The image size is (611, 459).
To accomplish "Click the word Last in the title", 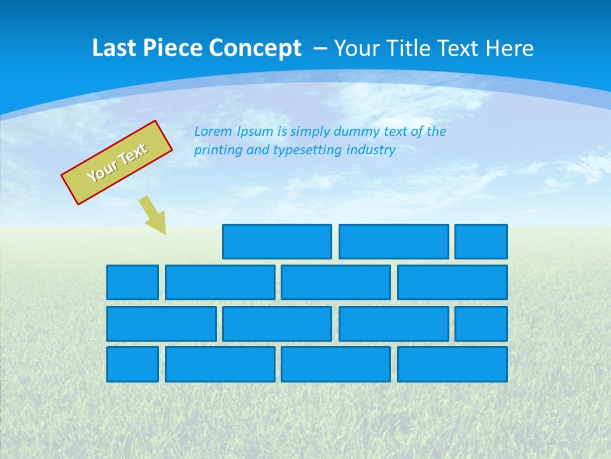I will click(x=115, y=48).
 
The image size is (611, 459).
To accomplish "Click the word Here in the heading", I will click(x=509, y=48).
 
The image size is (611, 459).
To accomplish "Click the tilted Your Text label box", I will click(x=117, y=163).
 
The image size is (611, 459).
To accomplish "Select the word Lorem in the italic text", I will click(x=213, y=131).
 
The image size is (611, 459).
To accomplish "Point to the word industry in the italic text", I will click(x=371, y=150).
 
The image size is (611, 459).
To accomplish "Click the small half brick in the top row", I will click(x=481, y=242).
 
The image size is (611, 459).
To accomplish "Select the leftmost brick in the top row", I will click(x=277, y=242).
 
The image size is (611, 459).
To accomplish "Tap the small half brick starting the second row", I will click(x=132, y=282).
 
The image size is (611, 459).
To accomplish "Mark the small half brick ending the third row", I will click(x=481, y=324).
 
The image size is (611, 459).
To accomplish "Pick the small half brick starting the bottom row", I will click(x=132, y=365).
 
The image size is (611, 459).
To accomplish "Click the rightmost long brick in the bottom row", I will click(x=453, y=365).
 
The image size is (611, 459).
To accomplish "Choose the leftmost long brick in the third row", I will click(x=162, y=324).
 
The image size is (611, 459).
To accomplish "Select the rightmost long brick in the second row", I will click(x=453, y=282).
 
